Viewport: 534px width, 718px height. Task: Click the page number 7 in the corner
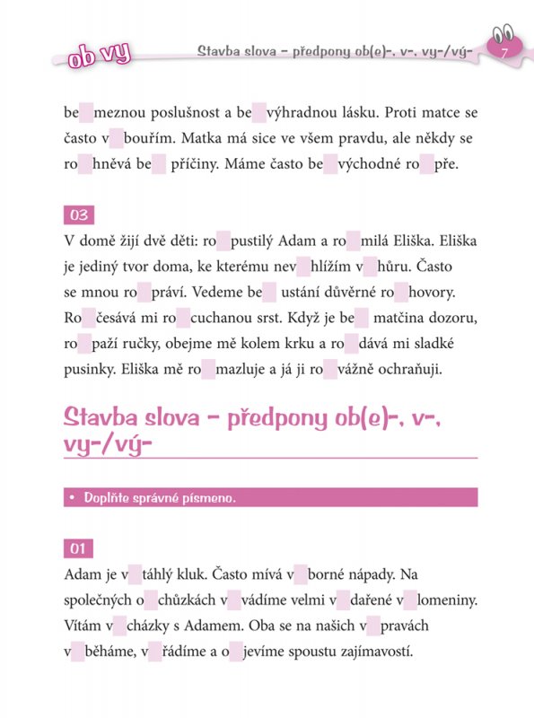point(504,55)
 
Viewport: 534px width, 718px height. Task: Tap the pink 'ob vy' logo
point(99,55)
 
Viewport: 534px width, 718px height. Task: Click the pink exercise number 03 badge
point(79,215)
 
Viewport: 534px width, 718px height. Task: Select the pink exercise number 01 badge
point(79,548)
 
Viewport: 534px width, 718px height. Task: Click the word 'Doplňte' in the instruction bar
point(109,497)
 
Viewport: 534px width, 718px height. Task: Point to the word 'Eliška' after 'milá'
point(391,242)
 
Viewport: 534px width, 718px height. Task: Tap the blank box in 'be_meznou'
point(87,114)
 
